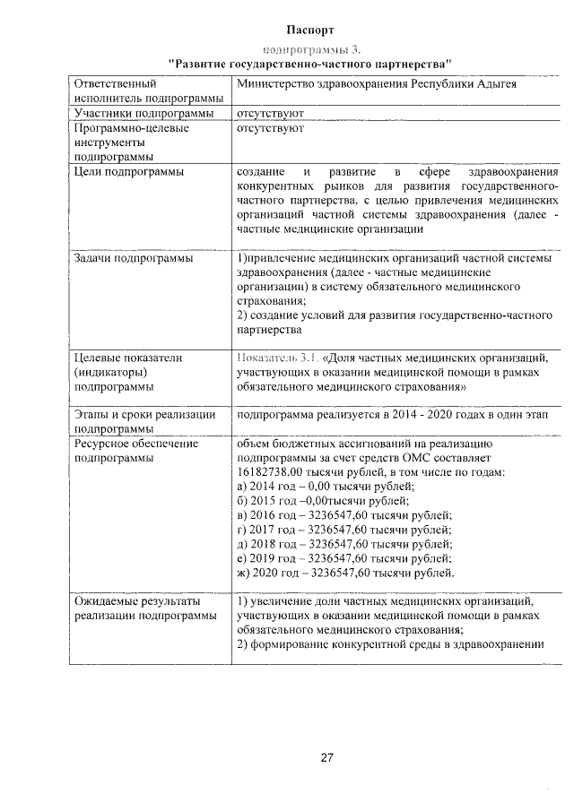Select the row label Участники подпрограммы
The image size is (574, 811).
click(143, 114)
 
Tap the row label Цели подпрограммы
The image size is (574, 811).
click(129, 171)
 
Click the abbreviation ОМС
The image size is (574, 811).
click(423, 458)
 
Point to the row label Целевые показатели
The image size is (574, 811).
click(128, 358)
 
